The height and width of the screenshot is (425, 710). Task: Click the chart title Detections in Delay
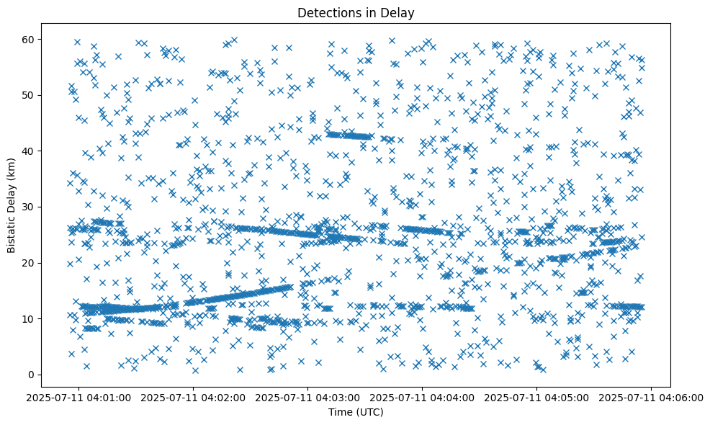(356, 12)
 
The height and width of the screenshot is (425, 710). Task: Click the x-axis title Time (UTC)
(356, 412)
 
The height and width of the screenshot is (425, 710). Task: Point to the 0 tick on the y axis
(32, 375)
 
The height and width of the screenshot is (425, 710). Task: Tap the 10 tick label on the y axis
(30, 318)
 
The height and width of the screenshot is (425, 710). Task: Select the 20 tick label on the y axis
(30, 263)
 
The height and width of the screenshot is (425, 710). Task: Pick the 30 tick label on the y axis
(30, 207)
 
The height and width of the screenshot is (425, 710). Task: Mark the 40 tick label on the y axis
(30, 151)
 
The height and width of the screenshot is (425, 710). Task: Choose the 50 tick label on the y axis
(30, 95)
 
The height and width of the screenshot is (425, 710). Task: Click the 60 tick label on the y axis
(30, 39)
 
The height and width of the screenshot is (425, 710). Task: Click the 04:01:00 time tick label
(79, 397)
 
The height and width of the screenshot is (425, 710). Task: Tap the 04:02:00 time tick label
(194, 397)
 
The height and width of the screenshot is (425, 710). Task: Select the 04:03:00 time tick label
(308, 397)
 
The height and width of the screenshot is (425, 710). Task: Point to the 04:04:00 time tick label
(423, 397)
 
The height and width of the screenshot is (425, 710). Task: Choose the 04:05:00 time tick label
(537, 397)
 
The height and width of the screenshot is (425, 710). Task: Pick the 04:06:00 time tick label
(652, 397)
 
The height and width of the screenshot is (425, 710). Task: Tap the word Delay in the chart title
(400, 12)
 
